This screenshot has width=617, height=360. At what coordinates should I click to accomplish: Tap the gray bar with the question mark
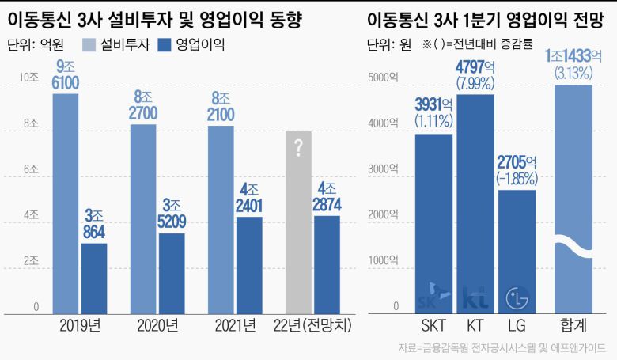298,222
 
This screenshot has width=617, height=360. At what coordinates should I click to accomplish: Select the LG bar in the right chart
517,249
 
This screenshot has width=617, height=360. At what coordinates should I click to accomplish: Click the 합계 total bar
573,198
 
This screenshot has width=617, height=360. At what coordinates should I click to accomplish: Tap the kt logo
475,297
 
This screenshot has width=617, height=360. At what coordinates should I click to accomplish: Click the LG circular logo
517,298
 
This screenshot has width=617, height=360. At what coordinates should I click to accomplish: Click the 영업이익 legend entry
192,45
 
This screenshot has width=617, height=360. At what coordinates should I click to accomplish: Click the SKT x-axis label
433,326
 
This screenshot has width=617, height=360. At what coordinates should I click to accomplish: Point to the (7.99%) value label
475,82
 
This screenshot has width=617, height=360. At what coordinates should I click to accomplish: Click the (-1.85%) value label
517,178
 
